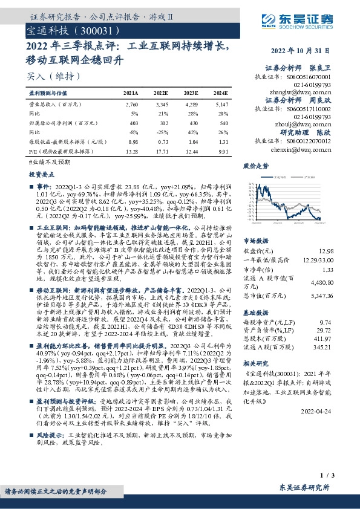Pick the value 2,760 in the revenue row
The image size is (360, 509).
[131, 105]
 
